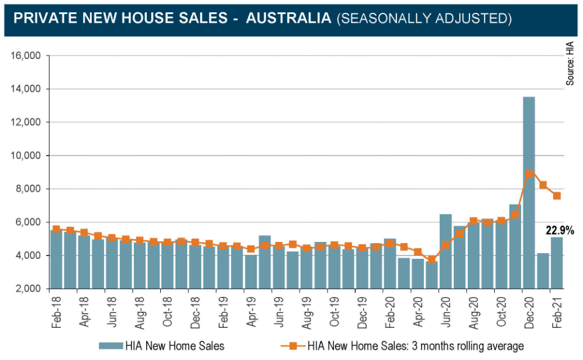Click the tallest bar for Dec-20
[529, 193]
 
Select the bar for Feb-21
[556, 263]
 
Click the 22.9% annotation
[560, 231]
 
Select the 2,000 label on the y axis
[26, 289]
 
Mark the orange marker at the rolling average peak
[529, 174]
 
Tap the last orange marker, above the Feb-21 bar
[557, 196]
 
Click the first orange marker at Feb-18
[56, 229]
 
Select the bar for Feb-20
[389, 264]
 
